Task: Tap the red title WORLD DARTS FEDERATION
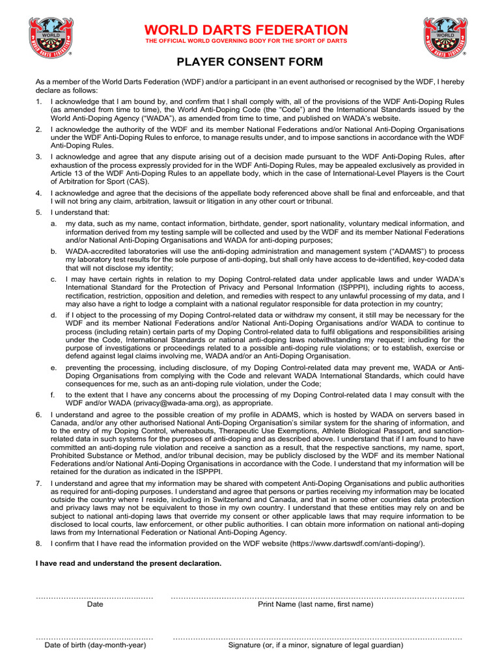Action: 246,30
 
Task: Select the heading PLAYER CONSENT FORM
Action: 249,62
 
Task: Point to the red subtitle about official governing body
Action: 246,42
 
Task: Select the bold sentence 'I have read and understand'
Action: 128,563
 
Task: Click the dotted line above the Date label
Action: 94,596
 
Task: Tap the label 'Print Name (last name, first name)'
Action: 316,604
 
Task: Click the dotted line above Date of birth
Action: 94,638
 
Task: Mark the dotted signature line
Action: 317,638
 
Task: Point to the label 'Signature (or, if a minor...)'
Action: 316,645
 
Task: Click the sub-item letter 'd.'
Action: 53,315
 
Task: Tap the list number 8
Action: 38,543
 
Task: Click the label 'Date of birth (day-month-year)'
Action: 94,645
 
